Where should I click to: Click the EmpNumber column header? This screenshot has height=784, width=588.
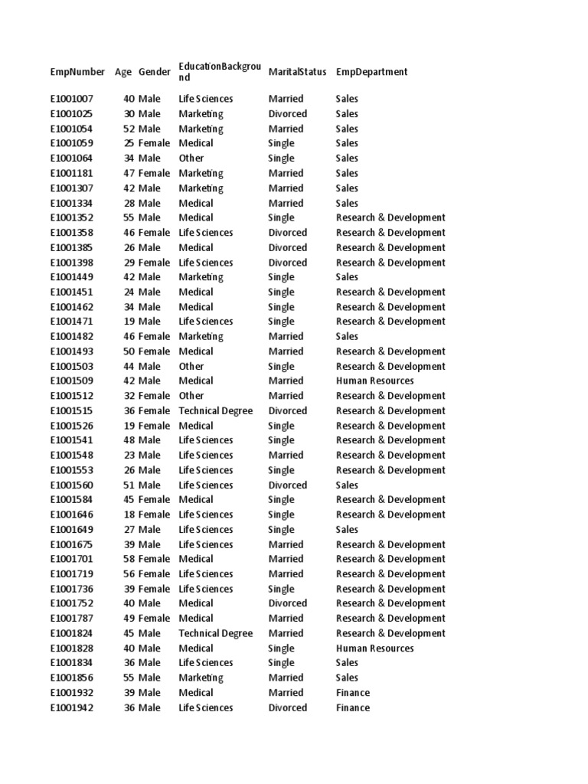click(x=77, y=72)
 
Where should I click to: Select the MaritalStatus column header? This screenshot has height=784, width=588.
click(x=297, y=72)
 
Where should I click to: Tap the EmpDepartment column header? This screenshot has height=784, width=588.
click(x=371, y=72)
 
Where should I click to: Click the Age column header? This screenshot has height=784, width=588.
click(x=123, y=72)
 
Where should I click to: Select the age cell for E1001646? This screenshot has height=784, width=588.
click(x=129, y=514)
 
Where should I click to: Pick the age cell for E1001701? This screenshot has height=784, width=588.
click(x=129, y=559)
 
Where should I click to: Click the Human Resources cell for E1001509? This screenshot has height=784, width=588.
click(x=374, y=381)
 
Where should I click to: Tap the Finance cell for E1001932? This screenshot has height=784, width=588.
click(x=352, y=693)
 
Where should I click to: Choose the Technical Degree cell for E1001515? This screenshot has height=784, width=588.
click(x=215, y=410)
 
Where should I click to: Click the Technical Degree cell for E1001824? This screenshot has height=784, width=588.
click(x=215, y=633)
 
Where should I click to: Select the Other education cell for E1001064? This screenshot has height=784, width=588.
click(x=191, y=158)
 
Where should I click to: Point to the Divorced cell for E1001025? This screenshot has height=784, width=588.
click(x=287, y=114)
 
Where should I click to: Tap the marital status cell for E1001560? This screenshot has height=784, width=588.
click(x=287, y=485)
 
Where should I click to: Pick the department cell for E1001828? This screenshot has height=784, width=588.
click(x=374, y=648)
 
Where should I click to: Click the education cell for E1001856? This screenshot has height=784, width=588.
click(x=201, y=678)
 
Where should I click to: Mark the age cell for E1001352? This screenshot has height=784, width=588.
click(x=129, y=217)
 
